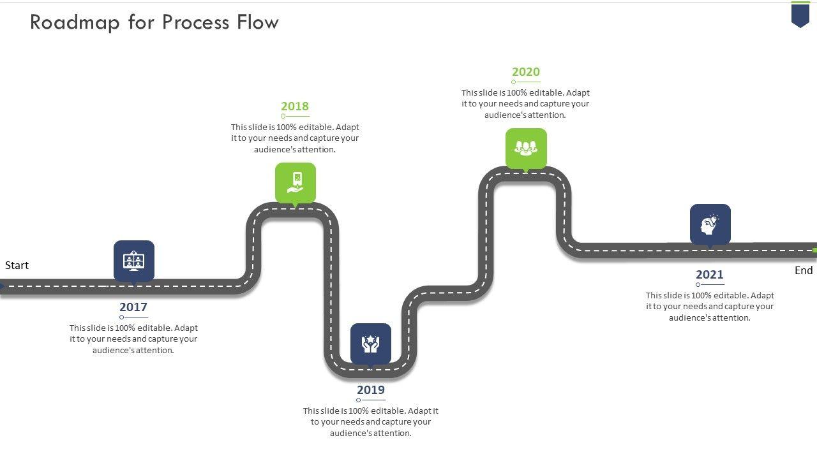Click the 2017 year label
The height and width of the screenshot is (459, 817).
click(133, 307)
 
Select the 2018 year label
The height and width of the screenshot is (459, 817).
click(295, 106)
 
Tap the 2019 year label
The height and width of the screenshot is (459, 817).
click(371, 390)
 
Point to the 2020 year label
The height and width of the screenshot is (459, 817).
click(526, 72)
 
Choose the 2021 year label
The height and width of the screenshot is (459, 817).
click(710, 275)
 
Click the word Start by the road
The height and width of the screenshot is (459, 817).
click(17, 265)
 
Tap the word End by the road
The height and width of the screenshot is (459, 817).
click(804, 270)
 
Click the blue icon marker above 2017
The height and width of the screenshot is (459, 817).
click(134, 261)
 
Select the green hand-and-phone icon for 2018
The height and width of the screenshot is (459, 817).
click(296, 182)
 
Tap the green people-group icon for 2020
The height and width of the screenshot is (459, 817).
click(526, 148)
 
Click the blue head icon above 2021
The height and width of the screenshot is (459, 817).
click(710, 224)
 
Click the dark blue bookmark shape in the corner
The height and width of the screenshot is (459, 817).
click(800, 15)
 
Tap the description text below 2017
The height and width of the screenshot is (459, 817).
click(133, 339)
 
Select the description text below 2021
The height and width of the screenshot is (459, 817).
click(710, 307)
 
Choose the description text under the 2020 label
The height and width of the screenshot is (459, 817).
click(525, 104)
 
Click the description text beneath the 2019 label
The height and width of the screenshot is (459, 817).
click(371, 422)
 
